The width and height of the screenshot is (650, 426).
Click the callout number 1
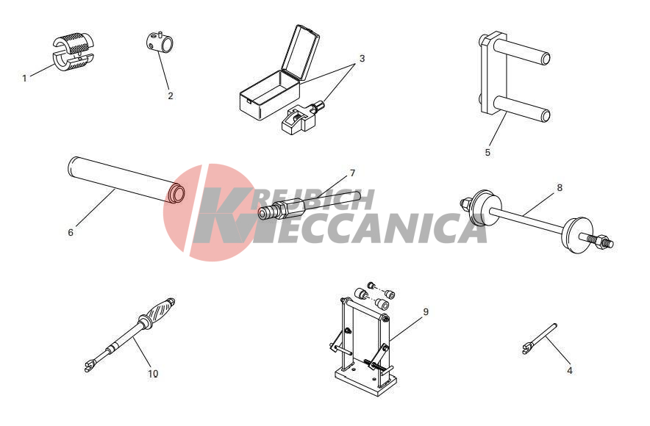24,79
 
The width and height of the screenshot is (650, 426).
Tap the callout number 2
171,95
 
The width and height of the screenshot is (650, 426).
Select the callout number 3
362,58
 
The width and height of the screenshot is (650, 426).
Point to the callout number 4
570,370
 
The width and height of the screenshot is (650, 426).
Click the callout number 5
488,152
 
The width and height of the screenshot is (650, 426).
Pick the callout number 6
71,233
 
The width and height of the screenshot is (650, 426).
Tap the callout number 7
352,173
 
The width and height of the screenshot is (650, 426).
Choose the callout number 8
560,187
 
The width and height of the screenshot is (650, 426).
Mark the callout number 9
426,311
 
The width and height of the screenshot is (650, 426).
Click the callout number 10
153,373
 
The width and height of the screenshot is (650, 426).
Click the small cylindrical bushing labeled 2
160,42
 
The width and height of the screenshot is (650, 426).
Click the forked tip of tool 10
88,367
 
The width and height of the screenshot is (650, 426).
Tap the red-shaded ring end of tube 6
176,193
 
